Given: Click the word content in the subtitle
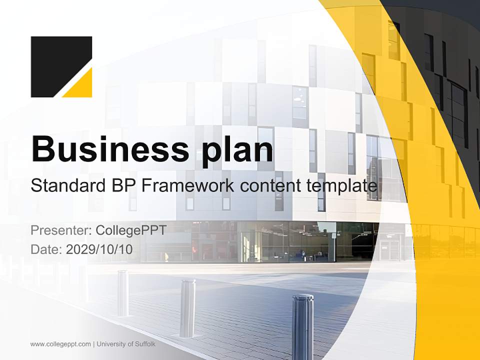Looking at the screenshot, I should click(270, 185).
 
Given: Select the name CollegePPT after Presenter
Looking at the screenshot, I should click(130, 230).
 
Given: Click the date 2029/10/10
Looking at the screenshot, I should click(99, 249).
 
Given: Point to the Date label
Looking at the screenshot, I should click(46, 249).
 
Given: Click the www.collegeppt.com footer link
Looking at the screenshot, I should click(60, 344).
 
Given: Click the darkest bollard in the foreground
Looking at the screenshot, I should click(302, 325).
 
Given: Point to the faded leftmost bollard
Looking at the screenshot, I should click(122, 292).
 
